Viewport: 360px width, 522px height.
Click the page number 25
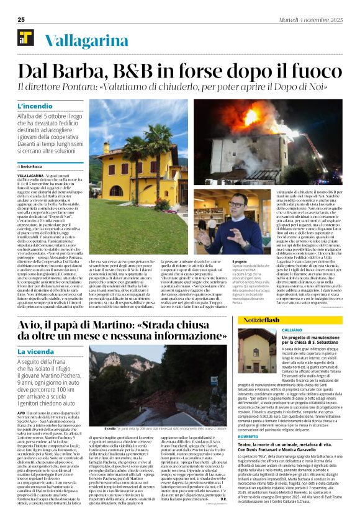[20, 19]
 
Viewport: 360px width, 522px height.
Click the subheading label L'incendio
[35, 106]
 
